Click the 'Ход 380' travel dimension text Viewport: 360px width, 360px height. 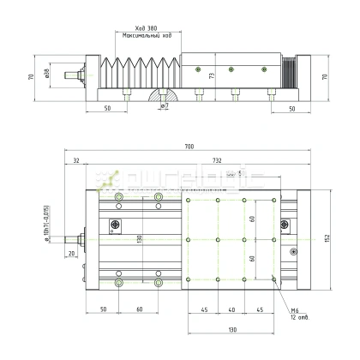coord(141,27)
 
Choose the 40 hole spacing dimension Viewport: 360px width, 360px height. coord(231,309)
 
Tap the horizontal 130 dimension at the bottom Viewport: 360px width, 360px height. coord(231,329)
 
